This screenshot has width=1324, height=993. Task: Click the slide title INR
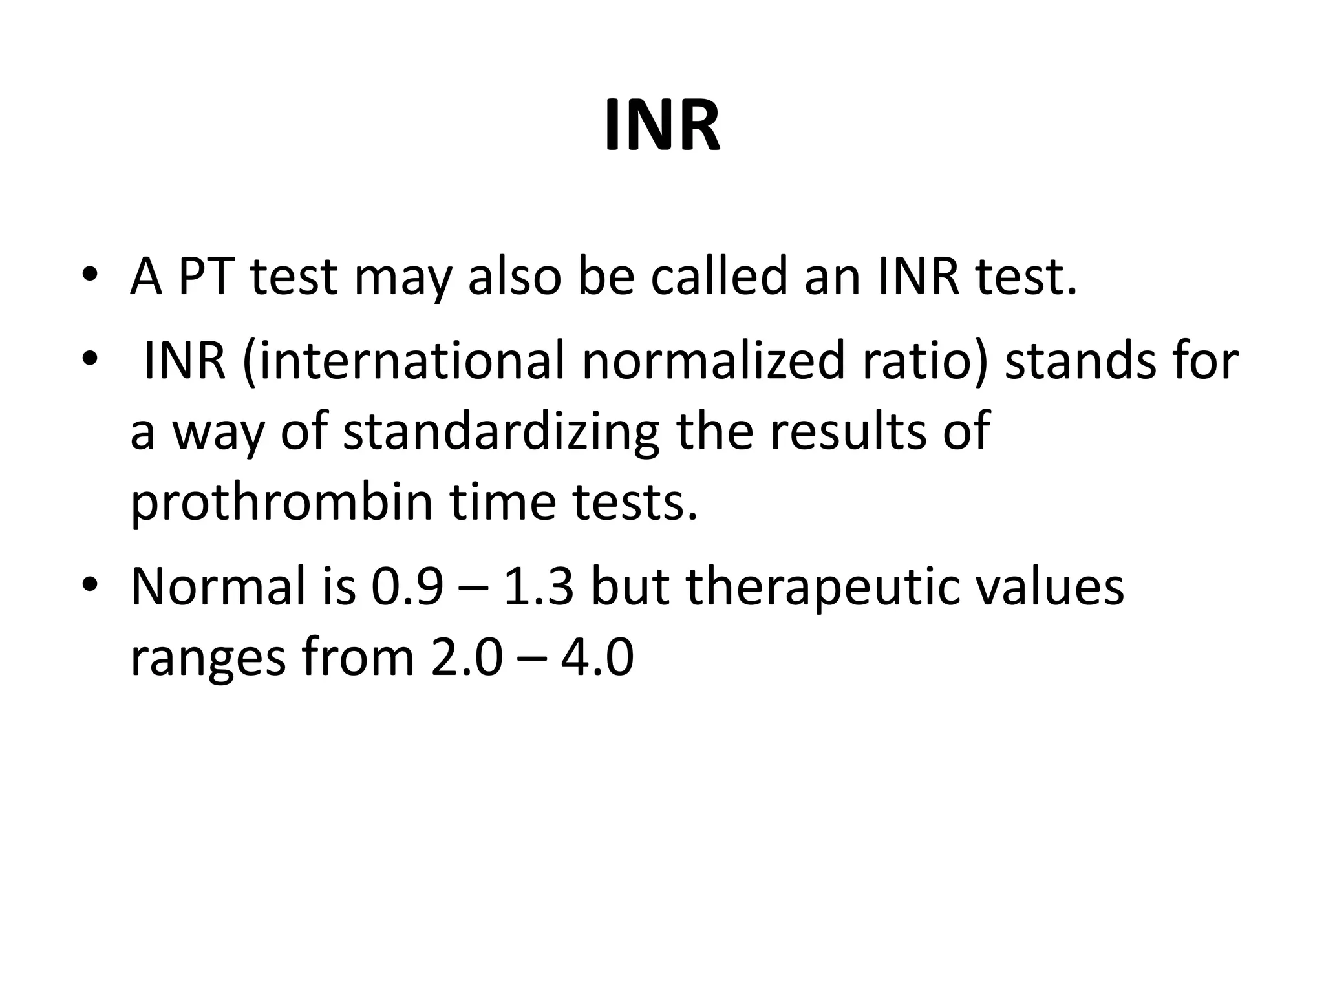coord(662,127)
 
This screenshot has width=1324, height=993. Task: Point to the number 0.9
coord(407,587)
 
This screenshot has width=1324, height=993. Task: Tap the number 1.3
coord(539,587)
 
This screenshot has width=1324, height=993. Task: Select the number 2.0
coord(466,658)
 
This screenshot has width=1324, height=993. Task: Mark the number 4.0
coord(597,658)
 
